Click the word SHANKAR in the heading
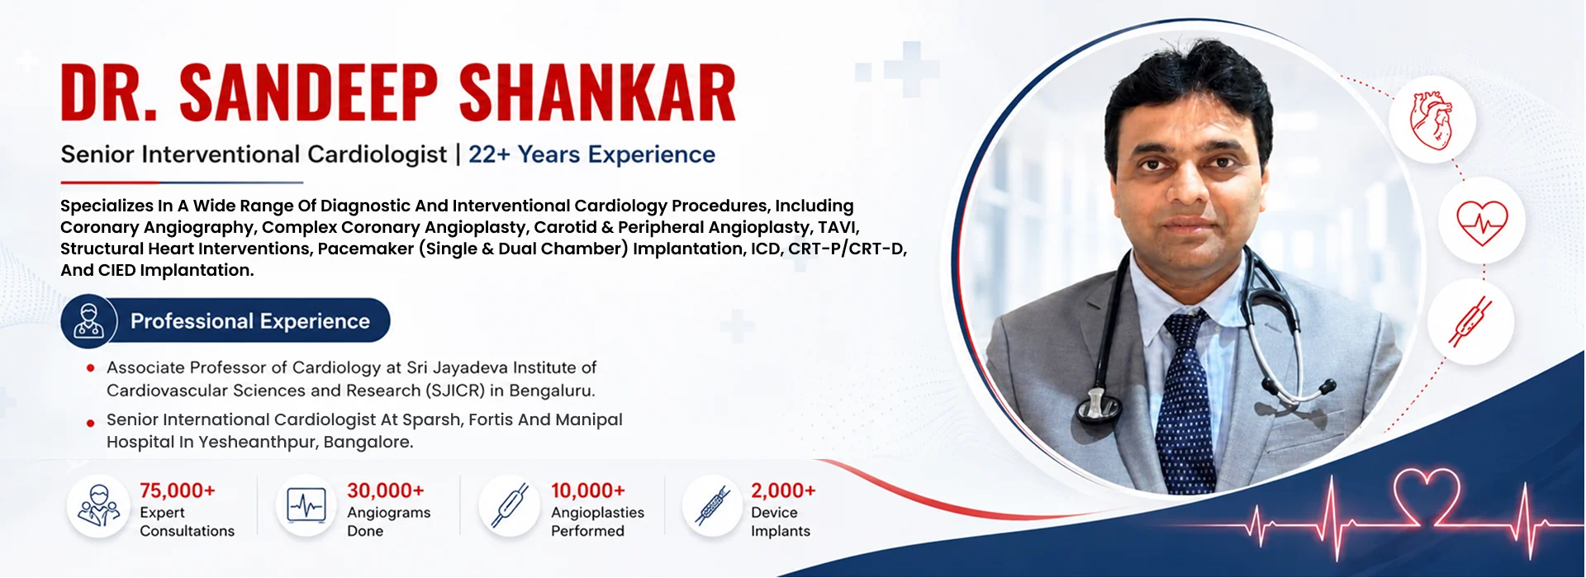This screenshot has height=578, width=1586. [x=597, y=92]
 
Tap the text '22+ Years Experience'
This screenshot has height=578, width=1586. [x=591, y=154]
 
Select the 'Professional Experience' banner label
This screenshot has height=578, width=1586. [x=249, y=321]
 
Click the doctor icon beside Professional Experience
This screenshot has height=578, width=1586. [x=89, y=321]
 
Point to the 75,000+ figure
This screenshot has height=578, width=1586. [x=178, y=490]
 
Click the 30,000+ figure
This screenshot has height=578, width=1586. [x=386, y=490]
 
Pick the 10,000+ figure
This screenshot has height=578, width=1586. [x=588, y=490]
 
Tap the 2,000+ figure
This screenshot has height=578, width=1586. [x=783, y=490]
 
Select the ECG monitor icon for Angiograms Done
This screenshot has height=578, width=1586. [x=306, y=505]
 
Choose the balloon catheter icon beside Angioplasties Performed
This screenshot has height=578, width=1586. [x=510, y=505]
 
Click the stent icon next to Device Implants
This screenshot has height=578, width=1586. [x=713, y=506]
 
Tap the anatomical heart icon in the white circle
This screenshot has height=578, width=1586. [x=1432, y=121]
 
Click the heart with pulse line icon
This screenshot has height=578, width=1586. [x=1482, y=222]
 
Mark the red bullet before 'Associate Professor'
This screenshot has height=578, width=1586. [x=90, y=368]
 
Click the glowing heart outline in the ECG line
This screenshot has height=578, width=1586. [x=1427, y=495]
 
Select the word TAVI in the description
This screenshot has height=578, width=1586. [x=838, y=227]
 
